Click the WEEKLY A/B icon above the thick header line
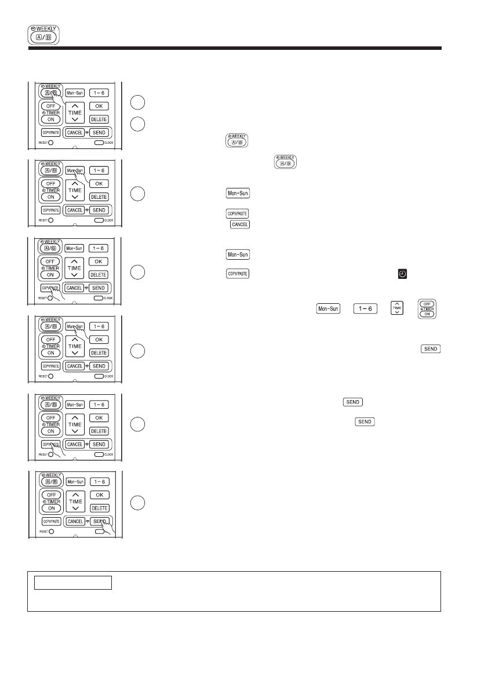coord(43,35)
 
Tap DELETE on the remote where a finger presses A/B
coord(99,119)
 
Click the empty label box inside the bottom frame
coord(72,583)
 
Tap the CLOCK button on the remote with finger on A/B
coord(99,142)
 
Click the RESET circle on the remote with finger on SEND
coord(50,531)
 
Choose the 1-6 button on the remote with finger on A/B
coord(99,92)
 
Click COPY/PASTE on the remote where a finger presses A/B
coord(50,132)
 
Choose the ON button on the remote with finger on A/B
coord(51,119)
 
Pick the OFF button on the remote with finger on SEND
coord(51,495)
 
